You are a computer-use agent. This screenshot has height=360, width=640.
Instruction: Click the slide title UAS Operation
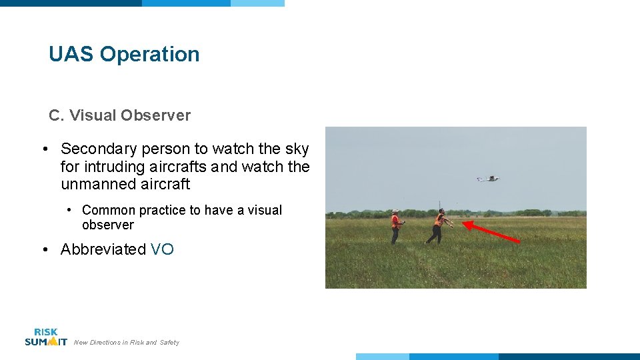[x=124, y=54]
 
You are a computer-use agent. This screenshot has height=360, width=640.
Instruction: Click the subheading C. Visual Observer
[x=119, y=115]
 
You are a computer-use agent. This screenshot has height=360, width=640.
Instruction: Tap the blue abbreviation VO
[x=162, y=249]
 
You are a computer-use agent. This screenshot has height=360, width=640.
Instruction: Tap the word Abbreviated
[x=103, y=249]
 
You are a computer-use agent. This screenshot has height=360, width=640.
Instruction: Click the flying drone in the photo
[x=489, y=178]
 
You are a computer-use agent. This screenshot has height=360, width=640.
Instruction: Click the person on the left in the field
[x=395, y=227]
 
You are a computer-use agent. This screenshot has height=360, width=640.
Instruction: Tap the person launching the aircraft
[x=438, y=226]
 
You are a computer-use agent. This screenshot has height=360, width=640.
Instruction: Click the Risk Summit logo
[x=45, y=337]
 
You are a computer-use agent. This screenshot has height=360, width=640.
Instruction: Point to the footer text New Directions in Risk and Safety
[x=127, y=343]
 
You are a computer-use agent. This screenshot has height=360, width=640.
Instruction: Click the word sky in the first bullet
[x=297, y=149]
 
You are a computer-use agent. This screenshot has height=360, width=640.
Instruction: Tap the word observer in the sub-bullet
[x=108, y=225]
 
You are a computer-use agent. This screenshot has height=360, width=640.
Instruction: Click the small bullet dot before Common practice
[x=70, y=211]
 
